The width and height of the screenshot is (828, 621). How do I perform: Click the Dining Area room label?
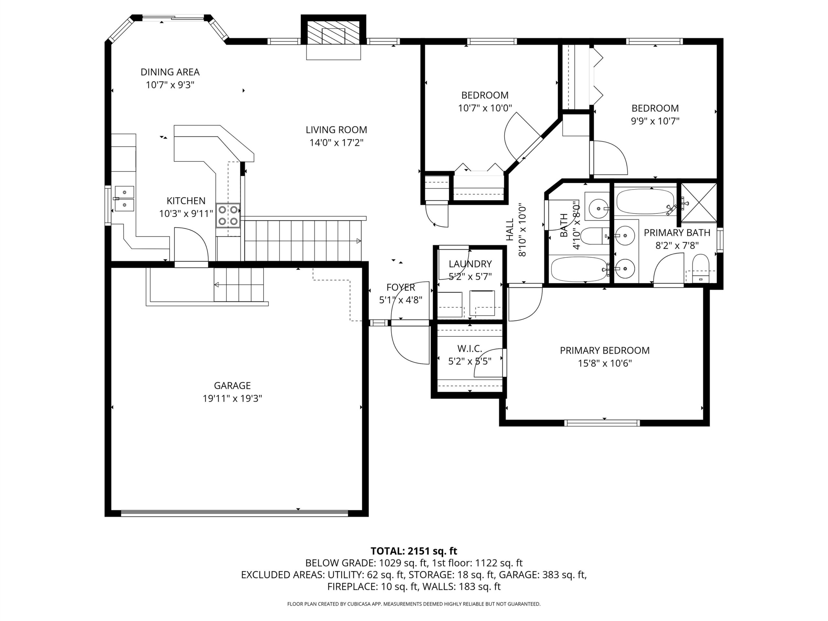170,72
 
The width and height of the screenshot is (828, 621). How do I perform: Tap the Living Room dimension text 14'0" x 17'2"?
336,143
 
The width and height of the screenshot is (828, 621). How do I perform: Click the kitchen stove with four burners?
228,216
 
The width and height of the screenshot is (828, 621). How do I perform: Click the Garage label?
232,385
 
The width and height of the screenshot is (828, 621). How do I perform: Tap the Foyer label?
401,287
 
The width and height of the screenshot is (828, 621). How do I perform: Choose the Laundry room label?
470,264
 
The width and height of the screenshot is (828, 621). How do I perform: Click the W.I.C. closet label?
470,348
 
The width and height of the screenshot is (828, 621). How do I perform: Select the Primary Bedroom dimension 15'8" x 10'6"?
605,363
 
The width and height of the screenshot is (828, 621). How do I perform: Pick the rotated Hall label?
510,230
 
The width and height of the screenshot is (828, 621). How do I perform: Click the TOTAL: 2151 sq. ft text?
414,551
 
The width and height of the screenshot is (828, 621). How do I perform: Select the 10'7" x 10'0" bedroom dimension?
485,108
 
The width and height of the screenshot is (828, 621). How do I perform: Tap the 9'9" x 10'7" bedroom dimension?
655,121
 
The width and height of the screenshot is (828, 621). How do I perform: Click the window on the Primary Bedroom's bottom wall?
602,423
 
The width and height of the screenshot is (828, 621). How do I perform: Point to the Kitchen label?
186,201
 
